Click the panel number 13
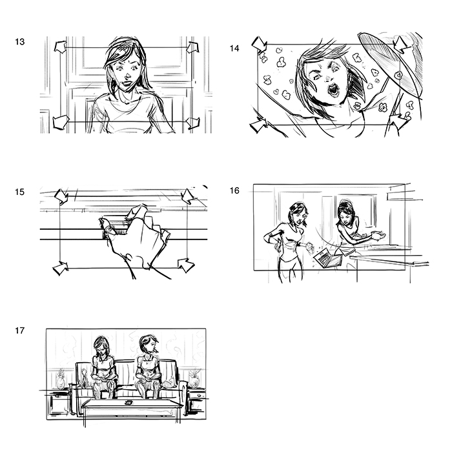pos(20,42)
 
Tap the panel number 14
pos(234,48)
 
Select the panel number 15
pos(20,192)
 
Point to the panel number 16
pos(234,190)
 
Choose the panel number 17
pos(20,331)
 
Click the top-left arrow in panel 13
pos(60,47)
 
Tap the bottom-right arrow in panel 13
pos(192,123)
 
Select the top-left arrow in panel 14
pos(259,45)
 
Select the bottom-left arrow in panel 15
pos(61,268)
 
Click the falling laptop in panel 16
pos(327,258)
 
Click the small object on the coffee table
pos(129,402)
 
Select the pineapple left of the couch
pos(61,379)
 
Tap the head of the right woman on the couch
pos(149,344)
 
